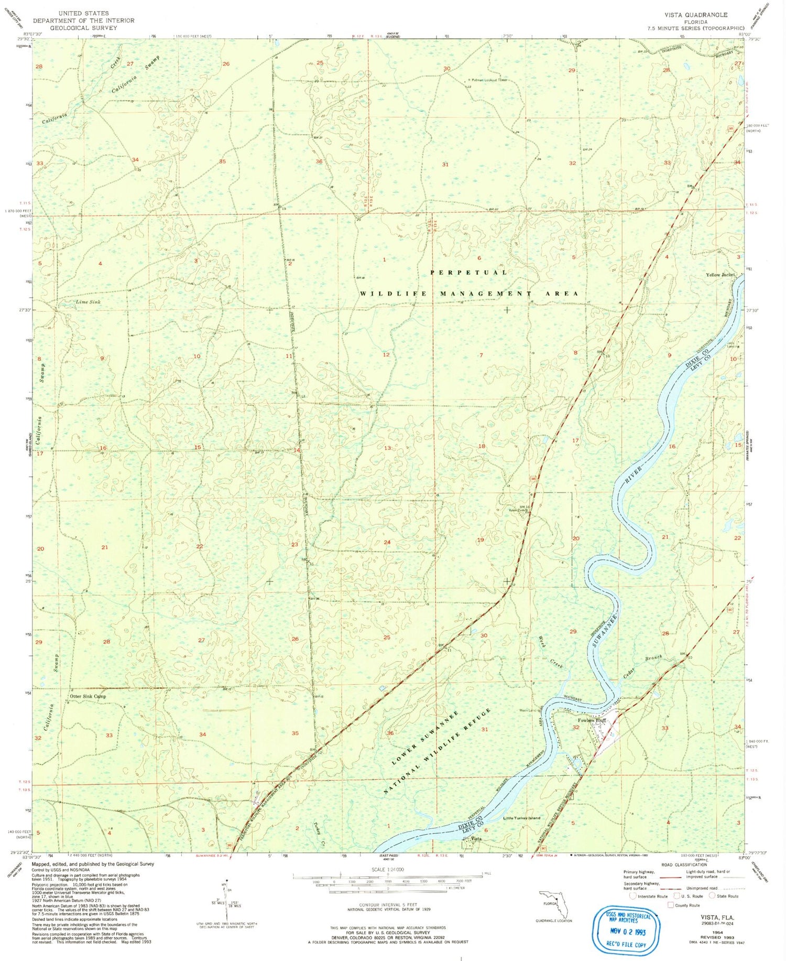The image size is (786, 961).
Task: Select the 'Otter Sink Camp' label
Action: (88, 697)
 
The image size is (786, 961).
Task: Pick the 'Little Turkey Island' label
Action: (521, 818)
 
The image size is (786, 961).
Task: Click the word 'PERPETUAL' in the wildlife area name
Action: (468, 273)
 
